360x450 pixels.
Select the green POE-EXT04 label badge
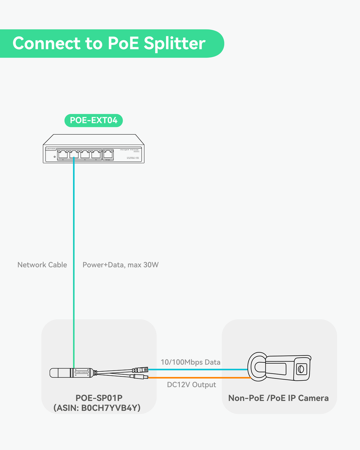94,121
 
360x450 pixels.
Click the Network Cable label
42,265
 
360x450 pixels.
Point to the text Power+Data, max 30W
121,265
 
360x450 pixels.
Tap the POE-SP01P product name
99,398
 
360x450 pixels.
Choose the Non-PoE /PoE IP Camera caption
278,398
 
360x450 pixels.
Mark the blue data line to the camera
198,369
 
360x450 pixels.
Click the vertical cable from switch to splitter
73,261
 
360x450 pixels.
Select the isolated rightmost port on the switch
109,154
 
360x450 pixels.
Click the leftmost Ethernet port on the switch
62,154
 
